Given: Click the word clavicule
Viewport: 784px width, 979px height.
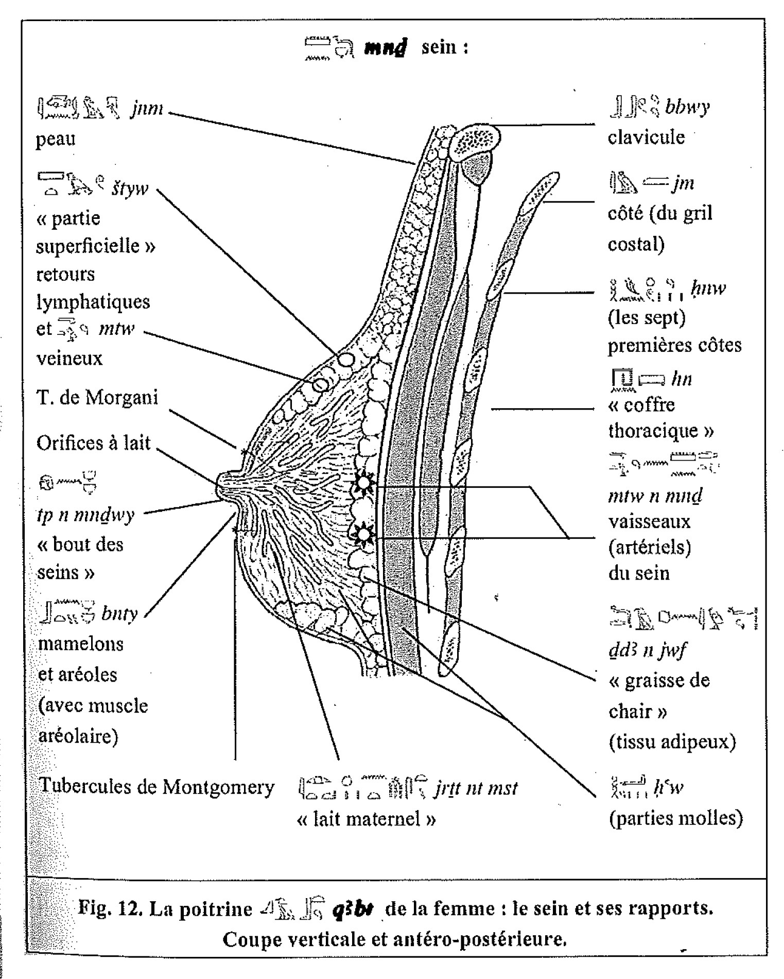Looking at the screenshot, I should (x=646, y=138).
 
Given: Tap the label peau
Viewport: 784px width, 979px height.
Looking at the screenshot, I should (x=56, y=139).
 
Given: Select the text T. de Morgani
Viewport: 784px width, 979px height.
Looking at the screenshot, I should (x=97, y=397).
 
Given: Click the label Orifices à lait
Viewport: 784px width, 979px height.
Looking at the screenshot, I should (x=93, y=443).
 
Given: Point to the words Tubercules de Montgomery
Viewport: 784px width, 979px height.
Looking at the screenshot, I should (x=156, y=787).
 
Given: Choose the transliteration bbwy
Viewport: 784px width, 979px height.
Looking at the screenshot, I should (x=687, y=107).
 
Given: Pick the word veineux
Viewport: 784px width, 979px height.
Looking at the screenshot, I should (x=69, y=358).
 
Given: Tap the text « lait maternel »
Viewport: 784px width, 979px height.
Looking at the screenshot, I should (x=367, y=819).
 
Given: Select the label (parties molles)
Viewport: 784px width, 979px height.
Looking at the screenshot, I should (x=675, y=818).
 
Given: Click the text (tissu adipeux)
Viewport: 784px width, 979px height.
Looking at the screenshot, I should (x=672, y=742).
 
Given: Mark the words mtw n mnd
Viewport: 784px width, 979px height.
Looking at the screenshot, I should (x=655, y=496).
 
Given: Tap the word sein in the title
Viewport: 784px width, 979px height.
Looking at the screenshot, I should (x=439, y=47).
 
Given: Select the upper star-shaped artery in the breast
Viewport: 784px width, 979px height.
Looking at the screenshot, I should (x=363, y=482).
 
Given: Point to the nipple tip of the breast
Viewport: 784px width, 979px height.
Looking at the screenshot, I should (x=219, y=484).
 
